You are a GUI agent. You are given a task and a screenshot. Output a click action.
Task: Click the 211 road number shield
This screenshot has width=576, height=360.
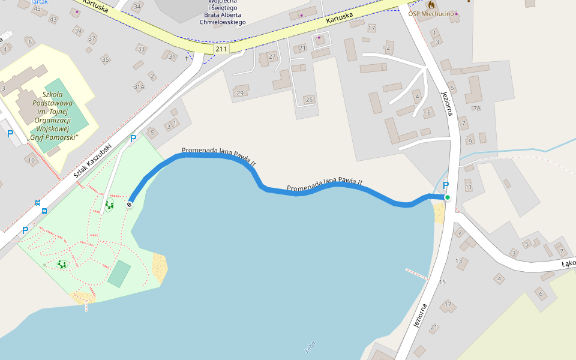(x=221, y=49)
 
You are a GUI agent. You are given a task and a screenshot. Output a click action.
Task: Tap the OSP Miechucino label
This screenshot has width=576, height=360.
(x=431, y=13)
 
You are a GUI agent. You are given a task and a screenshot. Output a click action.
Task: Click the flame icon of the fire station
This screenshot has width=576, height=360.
(x=431, y=4)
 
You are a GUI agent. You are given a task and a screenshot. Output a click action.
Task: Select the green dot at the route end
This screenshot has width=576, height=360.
(x=447, y=197)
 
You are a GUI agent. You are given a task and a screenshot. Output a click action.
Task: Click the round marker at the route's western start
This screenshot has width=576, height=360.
(x=129, y=205)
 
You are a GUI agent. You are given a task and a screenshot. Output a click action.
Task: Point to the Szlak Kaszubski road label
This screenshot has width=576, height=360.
(x=93, y=162)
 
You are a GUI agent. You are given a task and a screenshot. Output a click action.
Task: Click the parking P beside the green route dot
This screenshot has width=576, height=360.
(x=445, y=185)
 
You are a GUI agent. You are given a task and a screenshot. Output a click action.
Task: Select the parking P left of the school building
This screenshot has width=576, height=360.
(x=10, y=134)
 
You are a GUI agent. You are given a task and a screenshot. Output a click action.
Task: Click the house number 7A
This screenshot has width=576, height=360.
(x=476, y=109)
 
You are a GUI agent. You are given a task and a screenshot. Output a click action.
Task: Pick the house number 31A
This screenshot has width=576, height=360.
(x=139, y=87)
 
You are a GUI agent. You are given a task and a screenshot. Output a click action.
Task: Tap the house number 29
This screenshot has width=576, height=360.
(x=241, y=93)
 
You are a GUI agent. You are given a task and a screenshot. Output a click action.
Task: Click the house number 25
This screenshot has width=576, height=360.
(x=309, y=99)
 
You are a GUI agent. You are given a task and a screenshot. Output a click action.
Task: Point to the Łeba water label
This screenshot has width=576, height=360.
(x=310, y=347)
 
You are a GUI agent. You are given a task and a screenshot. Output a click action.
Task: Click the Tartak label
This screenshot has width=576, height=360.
(x=39, y=2)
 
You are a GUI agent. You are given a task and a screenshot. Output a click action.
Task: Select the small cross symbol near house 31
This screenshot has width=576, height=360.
(x=187, y=59)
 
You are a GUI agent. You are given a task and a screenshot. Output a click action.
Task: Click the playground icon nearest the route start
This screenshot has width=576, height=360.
(x=109, y=205)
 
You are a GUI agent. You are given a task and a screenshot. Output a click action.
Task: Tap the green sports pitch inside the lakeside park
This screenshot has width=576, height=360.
(x=120, y=274)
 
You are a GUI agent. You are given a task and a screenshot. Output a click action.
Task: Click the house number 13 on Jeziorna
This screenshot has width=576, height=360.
(x=459, y=261)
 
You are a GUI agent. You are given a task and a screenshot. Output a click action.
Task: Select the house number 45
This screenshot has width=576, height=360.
(x=37, y=8)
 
